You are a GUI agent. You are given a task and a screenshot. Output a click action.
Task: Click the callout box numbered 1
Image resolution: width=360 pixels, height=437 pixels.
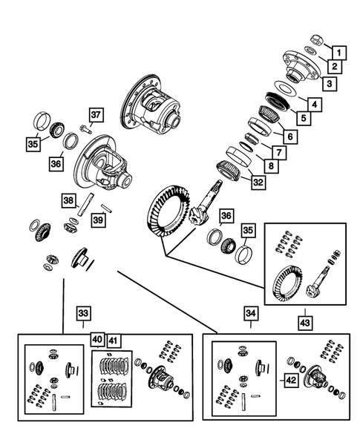338,53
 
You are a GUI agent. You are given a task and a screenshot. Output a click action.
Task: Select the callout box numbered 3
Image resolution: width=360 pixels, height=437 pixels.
330,84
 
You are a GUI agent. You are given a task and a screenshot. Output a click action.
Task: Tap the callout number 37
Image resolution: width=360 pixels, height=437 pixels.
96,115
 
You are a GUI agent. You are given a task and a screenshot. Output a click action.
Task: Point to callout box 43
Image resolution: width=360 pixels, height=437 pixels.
305,323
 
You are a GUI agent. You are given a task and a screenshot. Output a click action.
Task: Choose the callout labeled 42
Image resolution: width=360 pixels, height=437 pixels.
291,380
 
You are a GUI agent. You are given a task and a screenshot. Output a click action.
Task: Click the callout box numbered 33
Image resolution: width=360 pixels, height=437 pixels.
83,313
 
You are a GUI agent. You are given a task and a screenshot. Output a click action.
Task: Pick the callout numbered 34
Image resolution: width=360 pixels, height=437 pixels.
251,314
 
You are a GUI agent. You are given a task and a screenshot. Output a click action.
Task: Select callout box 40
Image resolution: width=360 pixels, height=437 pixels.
97,340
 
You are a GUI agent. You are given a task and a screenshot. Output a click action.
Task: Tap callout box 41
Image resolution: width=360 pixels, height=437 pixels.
114,341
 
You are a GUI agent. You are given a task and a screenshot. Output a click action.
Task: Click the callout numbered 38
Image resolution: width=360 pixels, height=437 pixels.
68,200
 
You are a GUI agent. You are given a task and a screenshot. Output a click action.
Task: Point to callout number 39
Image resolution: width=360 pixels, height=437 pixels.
98,220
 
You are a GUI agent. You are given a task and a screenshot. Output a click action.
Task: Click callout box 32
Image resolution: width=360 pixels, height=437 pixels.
258,183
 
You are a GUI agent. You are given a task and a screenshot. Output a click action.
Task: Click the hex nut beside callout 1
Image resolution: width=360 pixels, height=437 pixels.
317,40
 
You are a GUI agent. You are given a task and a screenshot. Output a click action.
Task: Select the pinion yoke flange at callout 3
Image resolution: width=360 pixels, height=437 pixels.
301,66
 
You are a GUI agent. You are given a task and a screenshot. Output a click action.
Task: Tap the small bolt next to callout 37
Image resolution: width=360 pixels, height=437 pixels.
85,128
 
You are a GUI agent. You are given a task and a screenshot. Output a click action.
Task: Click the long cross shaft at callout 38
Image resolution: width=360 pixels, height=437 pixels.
86,205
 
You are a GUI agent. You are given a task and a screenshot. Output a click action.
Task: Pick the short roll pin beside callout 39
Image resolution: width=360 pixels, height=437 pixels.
107,208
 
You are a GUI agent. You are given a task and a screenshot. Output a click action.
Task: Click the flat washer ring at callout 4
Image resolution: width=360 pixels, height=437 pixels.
285,88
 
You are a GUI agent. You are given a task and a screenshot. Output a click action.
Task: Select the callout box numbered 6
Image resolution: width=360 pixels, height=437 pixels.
290,137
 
